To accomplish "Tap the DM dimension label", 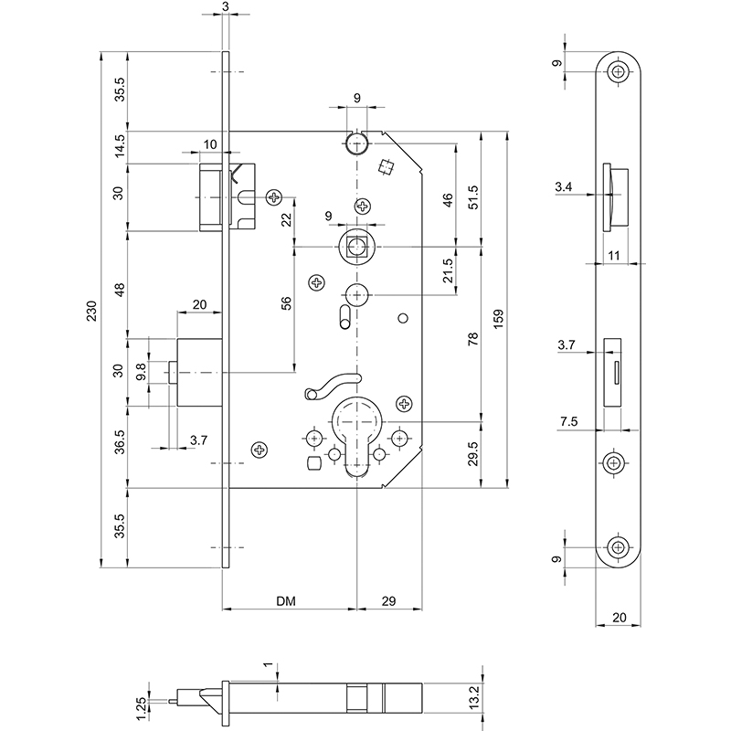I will click(288, 600).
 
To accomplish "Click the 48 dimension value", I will click(118, 290).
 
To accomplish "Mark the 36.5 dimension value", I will click(118, 448).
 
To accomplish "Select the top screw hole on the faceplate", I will click(620, 71).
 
